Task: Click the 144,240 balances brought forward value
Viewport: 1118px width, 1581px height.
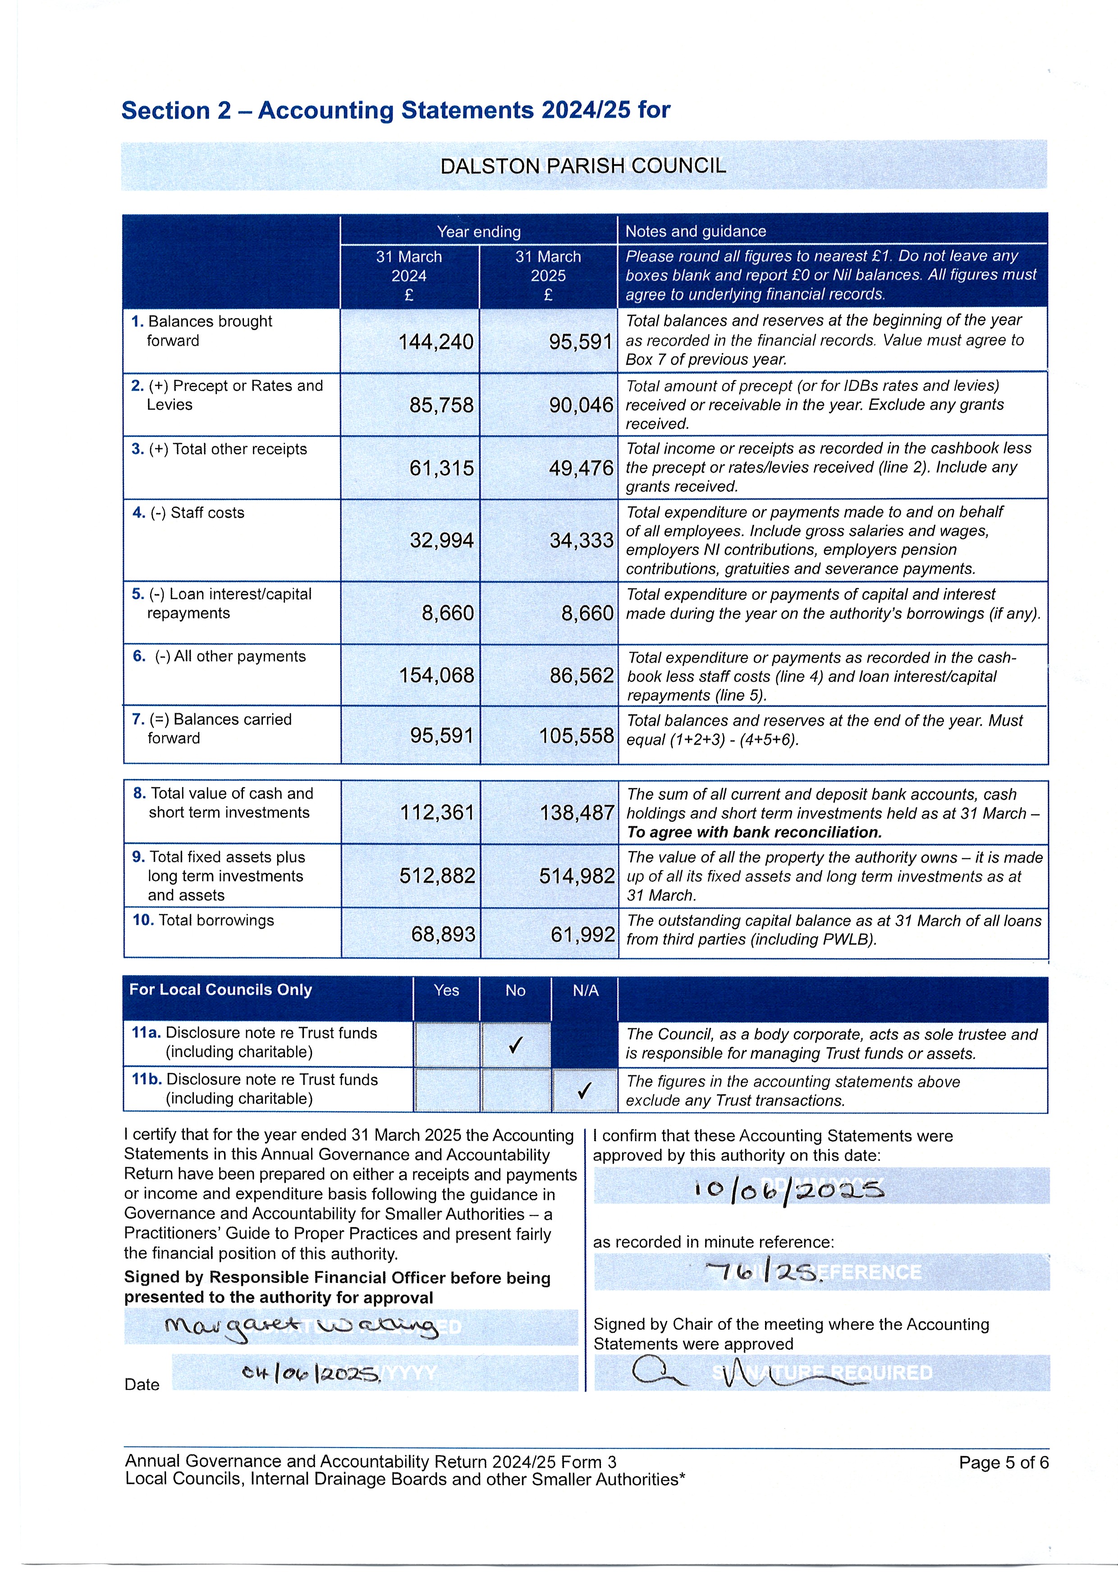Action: pyautogui.click(x=435, y=342)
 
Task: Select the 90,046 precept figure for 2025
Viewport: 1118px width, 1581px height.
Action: pyautogui.click(x=581, y=406)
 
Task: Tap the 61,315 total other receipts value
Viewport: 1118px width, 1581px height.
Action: pyautogui.click(x=441, y=469)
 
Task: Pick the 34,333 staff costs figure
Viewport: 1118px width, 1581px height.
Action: pyautogui.click(x=581, y=540)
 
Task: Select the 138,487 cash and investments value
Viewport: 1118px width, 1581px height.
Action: pyautogui.click(x=577, y=813)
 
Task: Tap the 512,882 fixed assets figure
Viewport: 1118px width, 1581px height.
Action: pyautogui.click(x=437, y=877)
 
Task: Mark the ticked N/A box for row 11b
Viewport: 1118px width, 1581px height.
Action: pyautogui.click(x=585, y=1091)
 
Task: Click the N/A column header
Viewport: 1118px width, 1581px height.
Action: pyautogui.click(x=586, y=991)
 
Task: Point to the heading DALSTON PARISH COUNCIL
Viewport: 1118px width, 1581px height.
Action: pyautogui.click(x=583, y=166)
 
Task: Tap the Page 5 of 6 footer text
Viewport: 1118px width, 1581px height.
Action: pyautogui.click(x=1003, y=1462)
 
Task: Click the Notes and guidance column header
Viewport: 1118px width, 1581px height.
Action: pyautogui.click(x=695, y=231)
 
